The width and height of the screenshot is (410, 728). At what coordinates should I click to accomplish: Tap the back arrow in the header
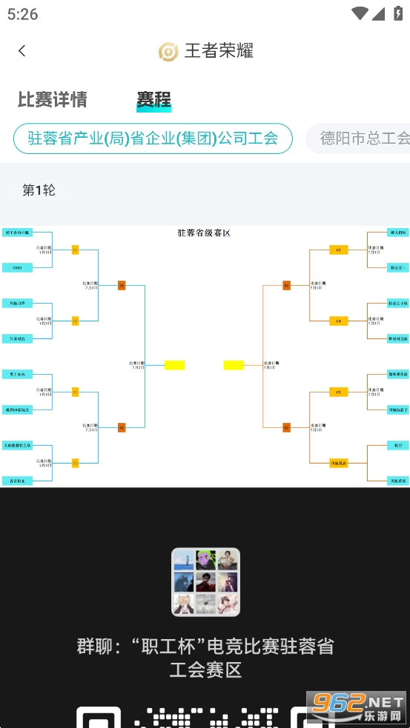22,50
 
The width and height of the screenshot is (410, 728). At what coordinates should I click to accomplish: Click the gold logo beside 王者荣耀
168,51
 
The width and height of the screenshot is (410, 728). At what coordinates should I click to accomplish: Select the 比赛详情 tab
53,99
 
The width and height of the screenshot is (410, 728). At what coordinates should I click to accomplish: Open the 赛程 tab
153,99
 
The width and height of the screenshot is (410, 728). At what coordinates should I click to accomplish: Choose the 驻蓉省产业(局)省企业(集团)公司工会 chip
153,138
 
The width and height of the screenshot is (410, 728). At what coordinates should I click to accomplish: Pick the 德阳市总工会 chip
363,138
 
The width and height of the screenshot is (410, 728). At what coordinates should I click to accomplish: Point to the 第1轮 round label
39,190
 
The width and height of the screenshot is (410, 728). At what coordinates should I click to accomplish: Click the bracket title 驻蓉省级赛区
204,233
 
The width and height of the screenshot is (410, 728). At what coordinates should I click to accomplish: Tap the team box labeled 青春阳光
17,481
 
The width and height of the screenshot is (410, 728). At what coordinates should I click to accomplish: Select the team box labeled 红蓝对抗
17,338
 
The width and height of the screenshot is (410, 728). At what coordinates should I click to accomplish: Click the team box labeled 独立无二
397,267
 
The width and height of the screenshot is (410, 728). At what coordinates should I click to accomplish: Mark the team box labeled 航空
397,445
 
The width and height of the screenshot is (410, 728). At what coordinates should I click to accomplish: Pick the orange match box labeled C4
338,321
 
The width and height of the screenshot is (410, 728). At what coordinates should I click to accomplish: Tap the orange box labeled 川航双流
338,463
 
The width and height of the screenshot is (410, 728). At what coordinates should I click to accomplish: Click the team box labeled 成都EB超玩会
17,410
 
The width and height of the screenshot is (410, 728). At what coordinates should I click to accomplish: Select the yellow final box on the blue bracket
174,365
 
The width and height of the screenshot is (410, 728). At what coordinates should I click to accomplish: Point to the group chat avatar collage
205,582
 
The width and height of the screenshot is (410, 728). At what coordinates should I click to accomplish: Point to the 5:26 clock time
23,14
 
